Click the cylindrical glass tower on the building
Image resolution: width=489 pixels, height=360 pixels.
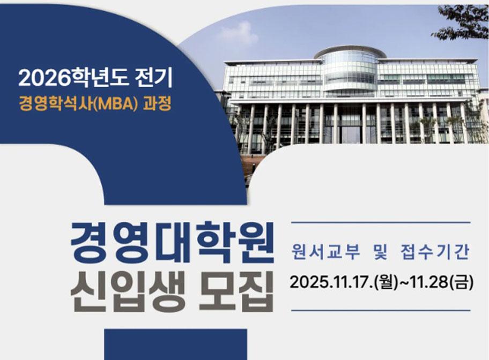350,70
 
